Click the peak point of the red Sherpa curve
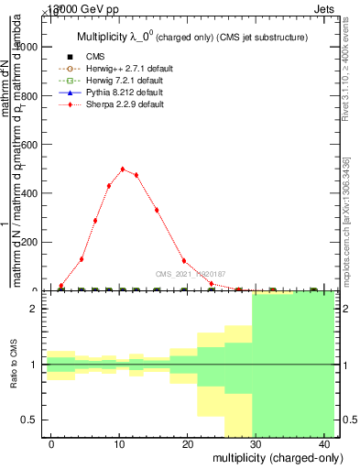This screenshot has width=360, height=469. pyautogui.click(x=123, y=169)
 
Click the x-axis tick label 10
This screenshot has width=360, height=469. pyautogui.click(x=119, y=442)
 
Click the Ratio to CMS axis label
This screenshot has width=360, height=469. pyautogui.click(x=14, y=365)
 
